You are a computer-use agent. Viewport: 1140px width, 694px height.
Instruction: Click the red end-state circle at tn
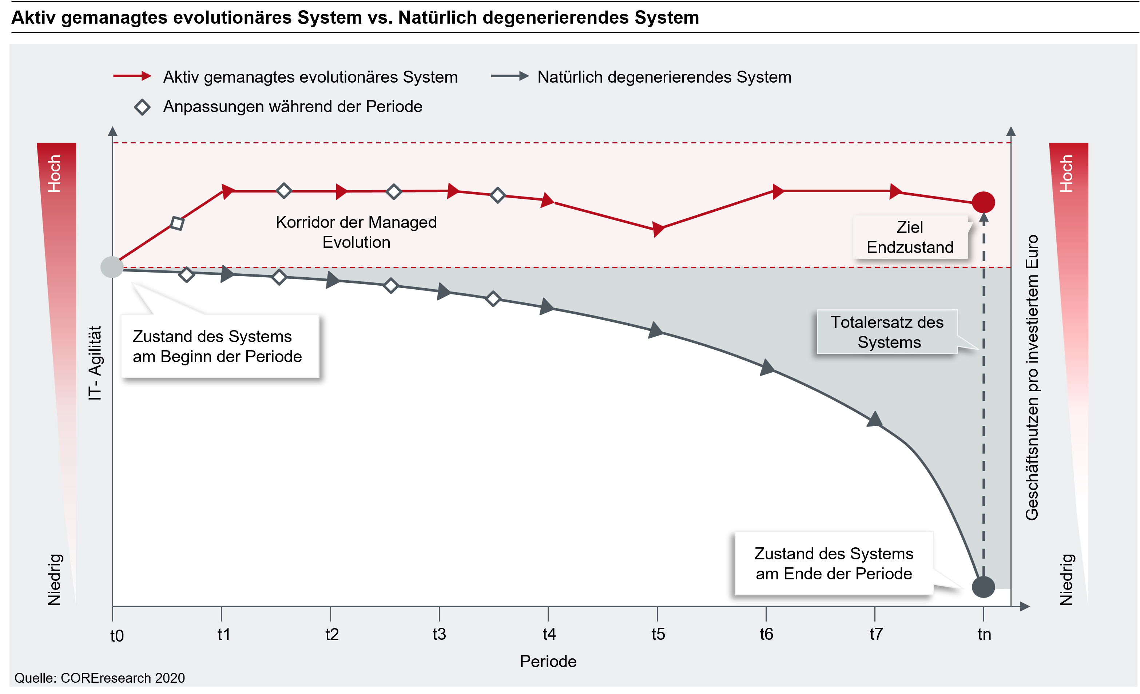pyautogui.click(x=983, y=202)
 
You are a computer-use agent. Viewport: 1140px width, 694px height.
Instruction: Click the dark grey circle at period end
pyautogui.click(x=983, y=587)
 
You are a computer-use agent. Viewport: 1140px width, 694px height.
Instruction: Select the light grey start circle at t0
pyautogui.click(x=112, y=267)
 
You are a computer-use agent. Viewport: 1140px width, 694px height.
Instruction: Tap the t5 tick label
pyautogui.click(x=658, y=634)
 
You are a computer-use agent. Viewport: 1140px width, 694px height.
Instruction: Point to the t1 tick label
pyautogui.click(x=223, y=634)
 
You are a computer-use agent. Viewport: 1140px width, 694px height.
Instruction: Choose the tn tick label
pyautogui.click(x=984, y=634)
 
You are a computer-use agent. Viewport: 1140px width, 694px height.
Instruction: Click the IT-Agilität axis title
pyautogui.click(x=95, y=363)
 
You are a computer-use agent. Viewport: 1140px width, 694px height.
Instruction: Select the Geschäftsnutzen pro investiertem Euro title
pyautogui.click(x=1032, y=377)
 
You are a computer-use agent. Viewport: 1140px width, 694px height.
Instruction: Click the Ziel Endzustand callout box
pyautogui.click(x=910, y=237)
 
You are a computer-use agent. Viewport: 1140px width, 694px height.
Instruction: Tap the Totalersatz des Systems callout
pyautogui.click(x=887, y=332)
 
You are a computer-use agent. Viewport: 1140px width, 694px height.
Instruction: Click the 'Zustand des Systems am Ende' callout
pyautogui.click(x=833, y=563)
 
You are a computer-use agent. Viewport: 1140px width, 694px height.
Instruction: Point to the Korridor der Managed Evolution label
pyautogui.click(x=356, y=232)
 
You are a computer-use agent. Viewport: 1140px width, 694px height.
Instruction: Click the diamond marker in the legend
pyautogui.click(x=142, y=107)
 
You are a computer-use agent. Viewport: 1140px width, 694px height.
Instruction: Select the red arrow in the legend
pyautogui.click(x=132, y=76)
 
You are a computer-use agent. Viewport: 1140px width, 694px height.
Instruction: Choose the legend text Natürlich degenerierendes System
pyautogui.click(x=664, y=77)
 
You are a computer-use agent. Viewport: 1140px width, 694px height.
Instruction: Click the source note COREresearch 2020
pyautogui.click(x=99, y=678)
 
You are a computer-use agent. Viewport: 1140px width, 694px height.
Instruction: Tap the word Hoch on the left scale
pyautogui.click(x=55, y=174)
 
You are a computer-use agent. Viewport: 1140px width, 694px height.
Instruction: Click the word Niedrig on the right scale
pyautogui.click(x=1066, y=579)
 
